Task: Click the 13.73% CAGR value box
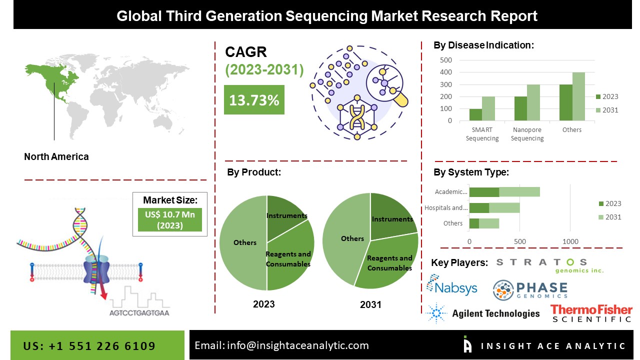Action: [254, 100]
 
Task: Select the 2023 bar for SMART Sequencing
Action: [475, 114]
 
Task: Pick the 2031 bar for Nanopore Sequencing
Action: [533, 102]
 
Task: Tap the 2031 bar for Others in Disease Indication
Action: [578, 96]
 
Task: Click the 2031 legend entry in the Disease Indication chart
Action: [606, 110]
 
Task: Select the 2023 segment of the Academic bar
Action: [484, 191]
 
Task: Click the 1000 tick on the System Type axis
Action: [570, 241]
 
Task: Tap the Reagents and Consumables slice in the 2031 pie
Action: [390, 262]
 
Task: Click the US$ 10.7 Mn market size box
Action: [170, 219]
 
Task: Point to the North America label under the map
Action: [56, 156]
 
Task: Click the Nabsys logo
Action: [451, 286]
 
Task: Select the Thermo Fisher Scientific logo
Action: [591, 313]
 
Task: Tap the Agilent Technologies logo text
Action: [495, 313]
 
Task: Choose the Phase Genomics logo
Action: [530, 290]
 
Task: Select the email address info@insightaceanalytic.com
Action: [281, 345]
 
